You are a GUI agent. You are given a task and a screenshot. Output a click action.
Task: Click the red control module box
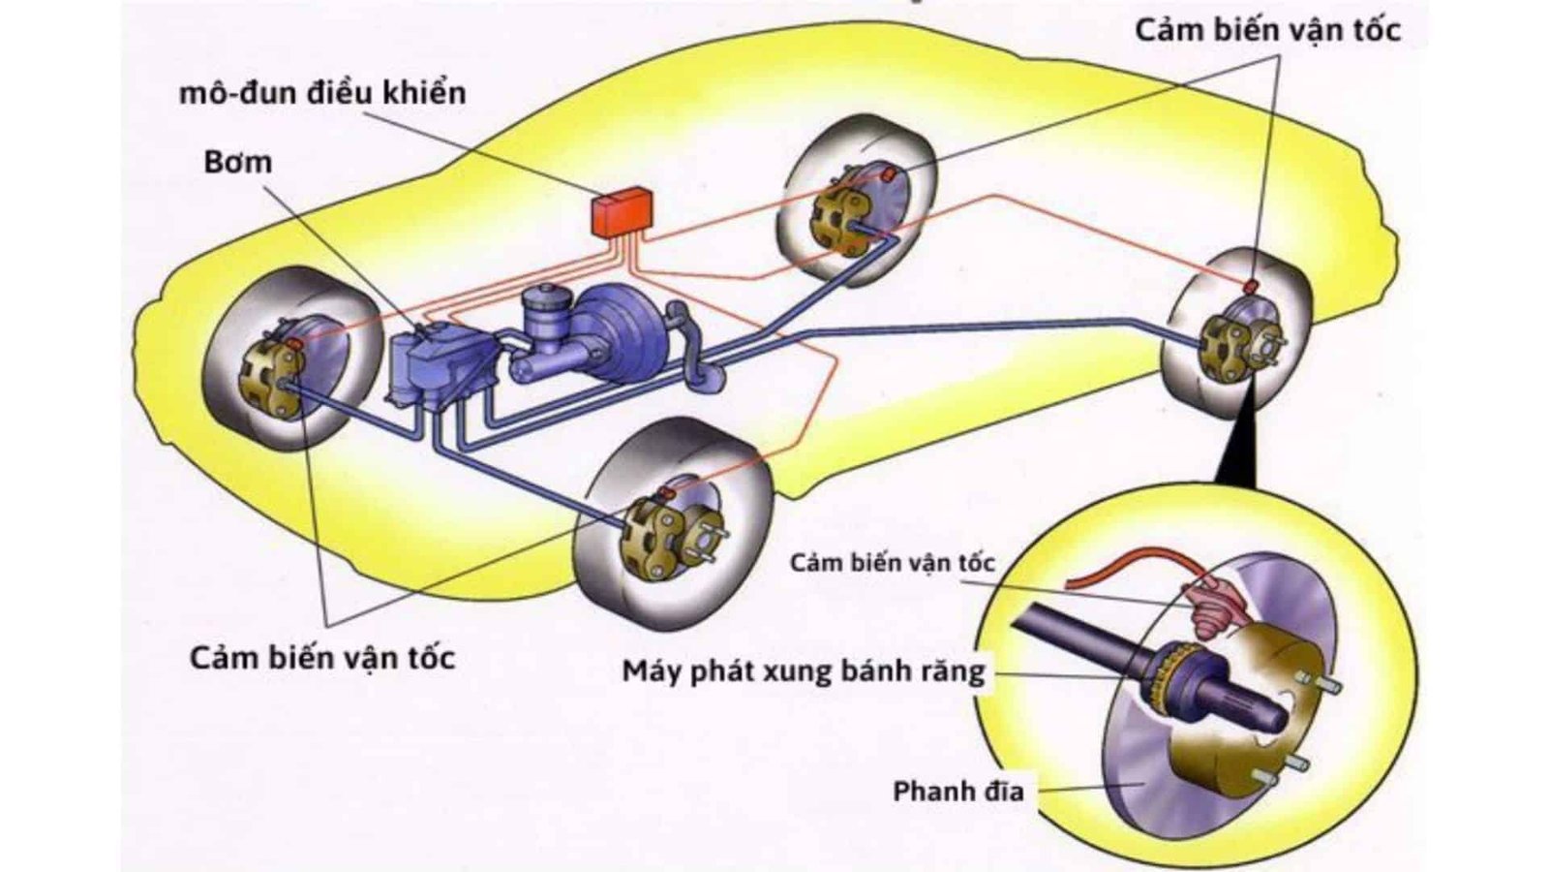point(622,211)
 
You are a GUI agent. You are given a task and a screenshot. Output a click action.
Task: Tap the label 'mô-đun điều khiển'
point(322,93)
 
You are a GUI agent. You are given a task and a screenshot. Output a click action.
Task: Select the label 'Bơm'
point(237,162)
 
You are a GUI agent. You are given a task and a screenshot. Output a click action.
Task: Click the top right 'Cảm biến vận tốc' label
point(1267,30)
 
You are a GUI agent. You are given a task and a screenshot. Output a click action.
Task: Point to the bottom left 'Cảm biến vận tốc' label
point(322,658)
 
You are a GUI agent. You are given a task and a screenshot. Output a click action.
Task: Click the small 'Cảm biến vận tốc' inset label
point(892,563)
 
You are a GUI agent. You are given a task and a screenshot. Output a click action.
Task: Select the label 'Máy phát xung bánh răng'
point(803,670)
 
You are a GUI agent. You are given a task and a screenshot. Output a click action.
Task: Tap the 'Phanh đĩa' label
point(957,791)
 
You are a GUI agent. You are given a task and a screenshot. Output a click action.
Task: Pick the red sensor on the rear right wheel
point(1250,286)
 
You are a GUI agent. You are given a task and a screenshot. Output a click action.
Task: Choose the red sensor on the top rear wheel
point(885,173)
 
